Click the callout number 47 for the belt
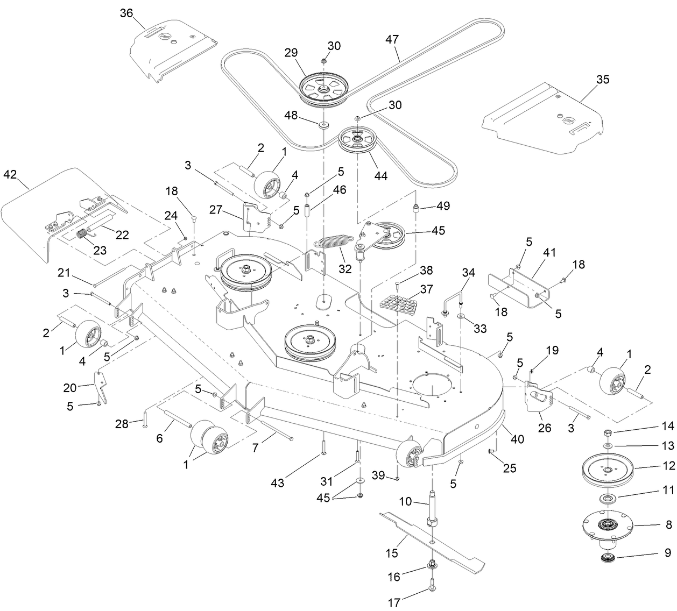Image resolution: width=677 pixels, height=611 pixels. point(393,39)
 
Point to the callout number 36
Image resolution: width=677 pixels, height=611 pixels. point(126,13)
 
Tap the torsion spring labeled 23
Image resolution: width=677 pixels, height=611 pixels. point(84,235)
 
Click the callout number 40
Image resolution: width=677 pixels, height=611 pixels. point(517,439)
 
